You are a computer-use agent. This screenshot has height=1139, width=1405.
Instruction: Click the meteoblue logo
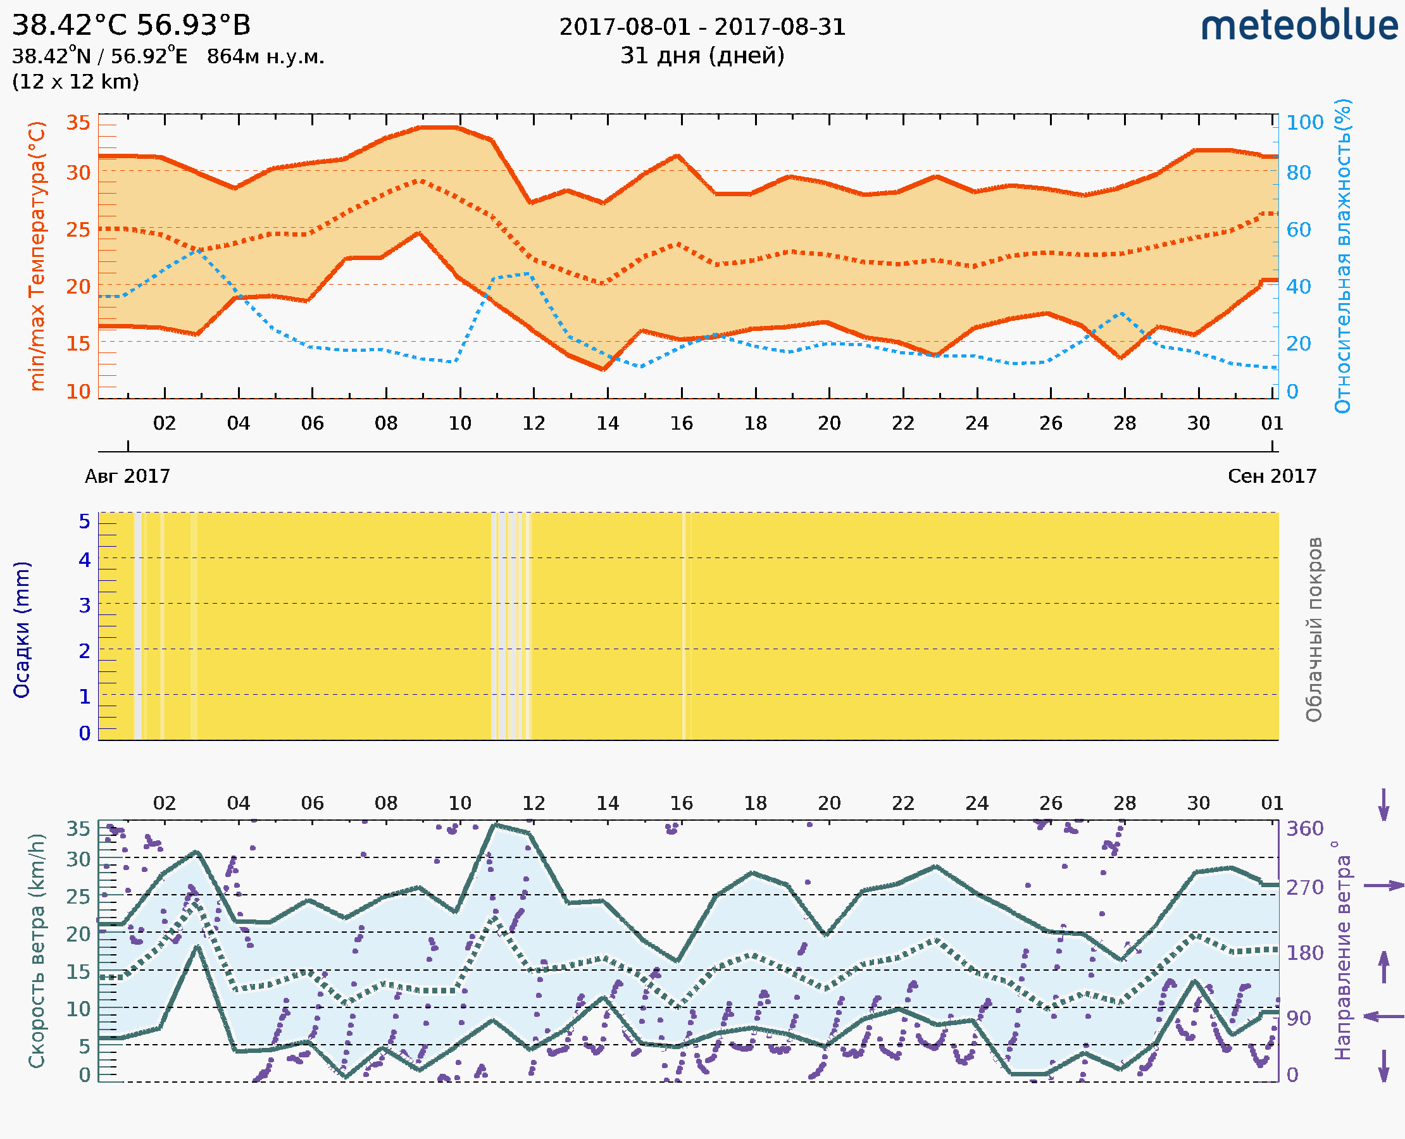point(1299,26)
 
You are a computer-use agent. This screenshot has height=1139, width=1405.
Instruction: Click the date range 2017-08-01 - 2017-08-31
point(702,27)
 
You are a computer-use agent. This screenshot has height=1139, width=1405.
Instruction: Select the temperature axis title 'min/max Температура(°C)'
point(37,256)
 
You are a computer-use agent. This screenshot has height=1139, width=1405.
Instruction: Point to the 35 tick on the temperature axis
point(78,123)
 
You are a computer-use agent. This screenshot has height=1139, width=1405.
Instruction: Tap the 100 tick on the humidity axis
point(1304,123)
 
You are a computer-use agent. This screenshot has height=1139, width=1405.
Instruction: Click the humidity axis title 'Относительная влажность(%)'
point(1342,256)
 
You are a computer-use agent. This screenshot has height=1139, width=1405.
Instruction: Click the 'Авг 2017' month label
point(127,476)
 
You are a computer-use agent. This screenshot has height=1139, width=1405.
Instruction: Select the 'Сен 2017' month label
point(1272,476)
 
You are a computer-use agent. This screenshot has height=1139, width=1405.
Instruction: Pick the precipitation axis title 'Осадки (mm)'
point(22,630)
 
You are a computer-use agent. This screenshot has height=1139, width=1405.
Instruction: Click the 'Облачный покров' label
point(1314,630)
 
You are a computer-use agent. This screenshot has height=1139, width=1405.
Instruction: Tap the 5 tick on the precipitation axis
point(85,521)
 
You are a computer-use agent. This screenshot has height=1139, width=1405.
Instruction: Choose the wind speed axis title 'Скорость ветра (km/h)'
point(37,950)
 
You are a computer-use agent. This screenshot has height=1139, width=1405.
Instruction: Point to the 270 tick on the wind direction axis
point(1304,887)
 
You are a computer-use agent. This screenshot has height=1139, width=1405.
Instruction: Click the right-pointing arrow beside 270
point(1383,886)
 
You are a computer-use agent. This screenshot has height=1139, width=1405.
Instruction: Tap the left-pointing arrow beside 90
point(1383,1016)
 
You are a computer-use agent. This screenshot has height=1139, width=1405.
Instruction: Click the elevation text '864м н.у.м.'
point(265,57)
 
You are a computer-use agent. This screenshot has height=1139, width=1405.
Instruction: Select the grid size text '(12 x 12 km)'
point(75,82)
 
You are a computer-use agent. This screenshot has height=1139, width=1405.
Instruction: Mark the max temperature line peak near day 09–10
point(439,127)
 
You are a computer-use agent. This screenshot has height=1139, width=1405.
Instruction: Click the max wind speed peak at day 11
point(496,825)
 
